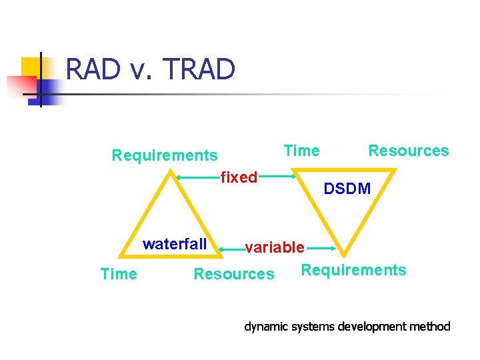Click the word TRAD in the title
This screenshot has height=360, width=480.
199,69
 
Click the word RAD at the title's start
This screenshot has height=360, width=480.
93,69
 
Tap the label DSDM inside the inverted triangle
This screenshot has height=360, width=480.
347,189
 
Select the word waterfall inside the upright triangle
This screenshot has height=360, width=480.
175,244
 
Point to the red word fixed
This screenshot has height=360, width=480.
239,177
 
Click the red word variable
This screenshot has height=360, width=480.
274,248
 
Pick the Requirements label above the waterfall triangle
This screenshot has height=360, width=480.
164,156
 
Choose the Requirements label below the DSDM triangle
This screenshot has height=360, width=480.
353,270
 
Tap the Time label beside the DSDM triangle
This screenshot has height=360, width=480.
301,151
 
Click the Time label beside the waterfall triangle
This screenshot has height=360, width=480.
119,274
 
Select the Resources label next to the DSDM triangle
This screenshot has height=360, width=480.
408,151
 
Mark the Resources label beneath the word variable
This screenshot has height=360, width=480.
233,274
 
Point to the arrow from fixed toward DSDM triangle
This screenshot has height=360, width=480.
279,177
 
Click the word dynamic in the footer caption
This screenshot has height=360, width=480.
265,327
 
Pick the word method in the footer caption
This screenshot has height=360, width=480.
430,327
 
